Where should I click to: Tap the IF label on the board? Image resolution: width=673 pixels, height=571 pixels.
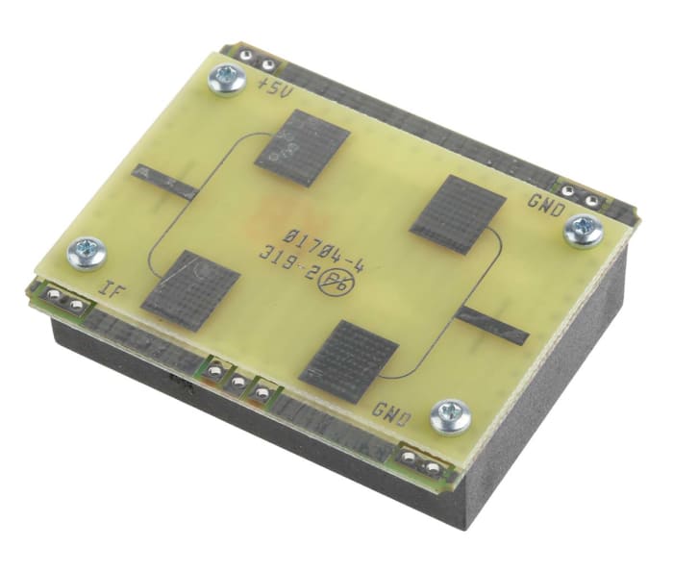113,285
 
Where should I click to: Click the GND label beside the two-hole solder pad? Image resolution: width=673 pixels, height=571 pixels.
544,202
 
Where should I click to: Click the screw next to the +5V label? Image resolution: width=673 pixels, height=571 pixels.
229,81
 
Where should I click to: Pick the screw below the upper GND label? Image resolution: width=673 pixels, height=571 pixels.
583,230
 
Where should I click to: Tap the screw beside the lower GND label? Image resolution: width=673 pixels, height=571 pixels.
449,415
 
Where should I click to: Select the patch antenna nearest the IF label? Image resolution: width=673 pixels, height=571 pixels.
190,285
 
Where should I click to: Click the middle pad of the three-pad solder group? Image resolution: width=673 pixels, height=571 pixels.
238,382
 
